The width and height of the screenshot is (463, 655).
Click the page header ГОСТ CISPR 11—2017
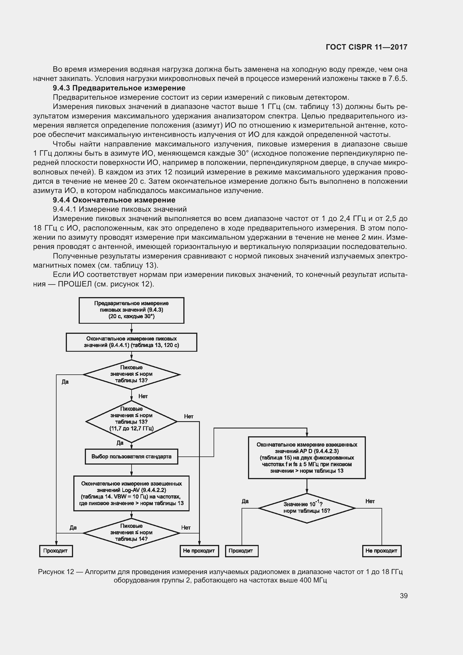pyautogui.click(x=366, y=47)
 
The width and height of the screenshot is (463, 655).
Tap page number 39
pyautogui.click(x=403, y=596)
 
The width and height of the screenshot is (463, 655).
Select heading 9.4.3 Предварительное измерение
pyautogui.click(x=119, y=88)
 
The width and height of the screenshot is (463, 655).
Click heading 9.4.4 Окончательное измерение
pyautogui.click(x=114, y=200)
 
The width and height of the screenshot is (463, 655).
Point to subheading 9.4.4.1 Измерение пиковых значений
pyautogui.click(x=120, y=209)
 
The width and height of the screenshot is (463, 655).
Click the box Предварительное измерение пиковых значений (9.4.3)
pyautogui.click(x=132, y=310)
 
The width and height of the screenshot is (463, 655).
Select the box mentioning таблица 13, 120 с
pyautogui.click(x=132, y=342)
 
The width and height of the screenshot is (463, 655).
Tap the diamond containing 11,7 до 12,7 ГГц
pyautogui.click(x=132, y=422)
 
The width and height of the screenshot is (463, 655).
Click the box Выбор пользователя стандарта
pyautogui.click(x=132, y=457)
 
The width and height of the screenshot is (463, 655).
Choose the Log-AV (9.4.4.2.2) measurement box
pyautogui.click(x=132, y=493)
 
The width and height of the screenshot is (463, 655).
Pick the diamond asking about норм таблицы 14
pyautogui.click(x=132, y=533)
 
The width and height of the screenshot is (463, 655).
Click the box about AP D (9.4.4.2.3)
pyautogui.click(x=307, y=458)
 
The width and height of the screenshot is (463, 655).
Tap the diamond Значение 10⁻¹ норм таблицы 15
pyautogui.click(x=307, y=508)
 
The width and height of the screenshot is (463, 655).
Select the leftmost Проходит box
pyautogui.click(x=56, y=551)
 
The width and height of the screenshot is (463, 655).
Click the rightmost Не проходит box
pyautogui.click(x=382, y=551)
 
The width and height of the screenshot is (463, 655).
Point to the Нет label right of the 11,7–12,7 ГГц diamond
pyautogui.click(x=189, y=416)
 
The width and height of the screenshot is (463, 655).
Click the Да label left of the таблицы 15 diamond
pyautogui.click(x=245, y=501)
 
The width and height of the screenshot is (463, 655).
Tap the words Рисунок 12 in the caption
pyautogui.click(x=56, y=572)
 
